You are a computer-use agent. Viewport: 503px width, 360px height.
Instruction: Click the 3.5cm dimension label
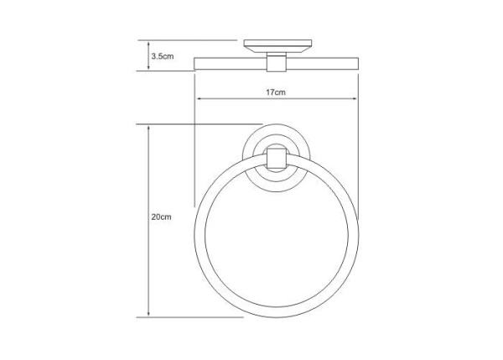pos(163,56)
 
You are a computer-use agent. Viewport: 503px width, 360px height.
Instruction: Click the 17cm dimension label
pos(276,92)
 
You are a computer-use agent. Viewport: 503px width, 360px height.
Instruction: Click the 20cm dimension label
pos(161,217)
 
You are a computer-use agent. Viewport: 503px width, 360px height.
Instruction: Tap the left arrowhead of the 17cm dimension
pos(199,99)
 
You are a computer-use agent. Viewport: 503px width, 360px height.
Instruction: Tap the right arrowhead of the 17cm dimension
pos(355,99)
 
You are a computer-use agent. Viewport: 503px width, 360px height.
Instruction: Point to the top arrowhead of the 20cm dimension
pos(148,128)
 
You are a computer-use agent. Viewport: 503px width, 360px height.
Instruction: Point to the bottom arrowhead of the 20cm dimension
pos(148,313)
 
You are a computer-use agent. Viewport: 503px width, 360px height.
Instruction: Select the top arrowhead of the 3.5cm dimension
pos(148,44)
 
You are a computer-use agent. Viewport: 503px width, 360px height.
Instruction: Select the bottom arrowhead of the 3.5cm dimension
pos(148,67)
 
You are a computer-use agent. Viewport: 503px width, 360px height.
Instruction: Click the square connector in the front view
pos(276,158)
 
